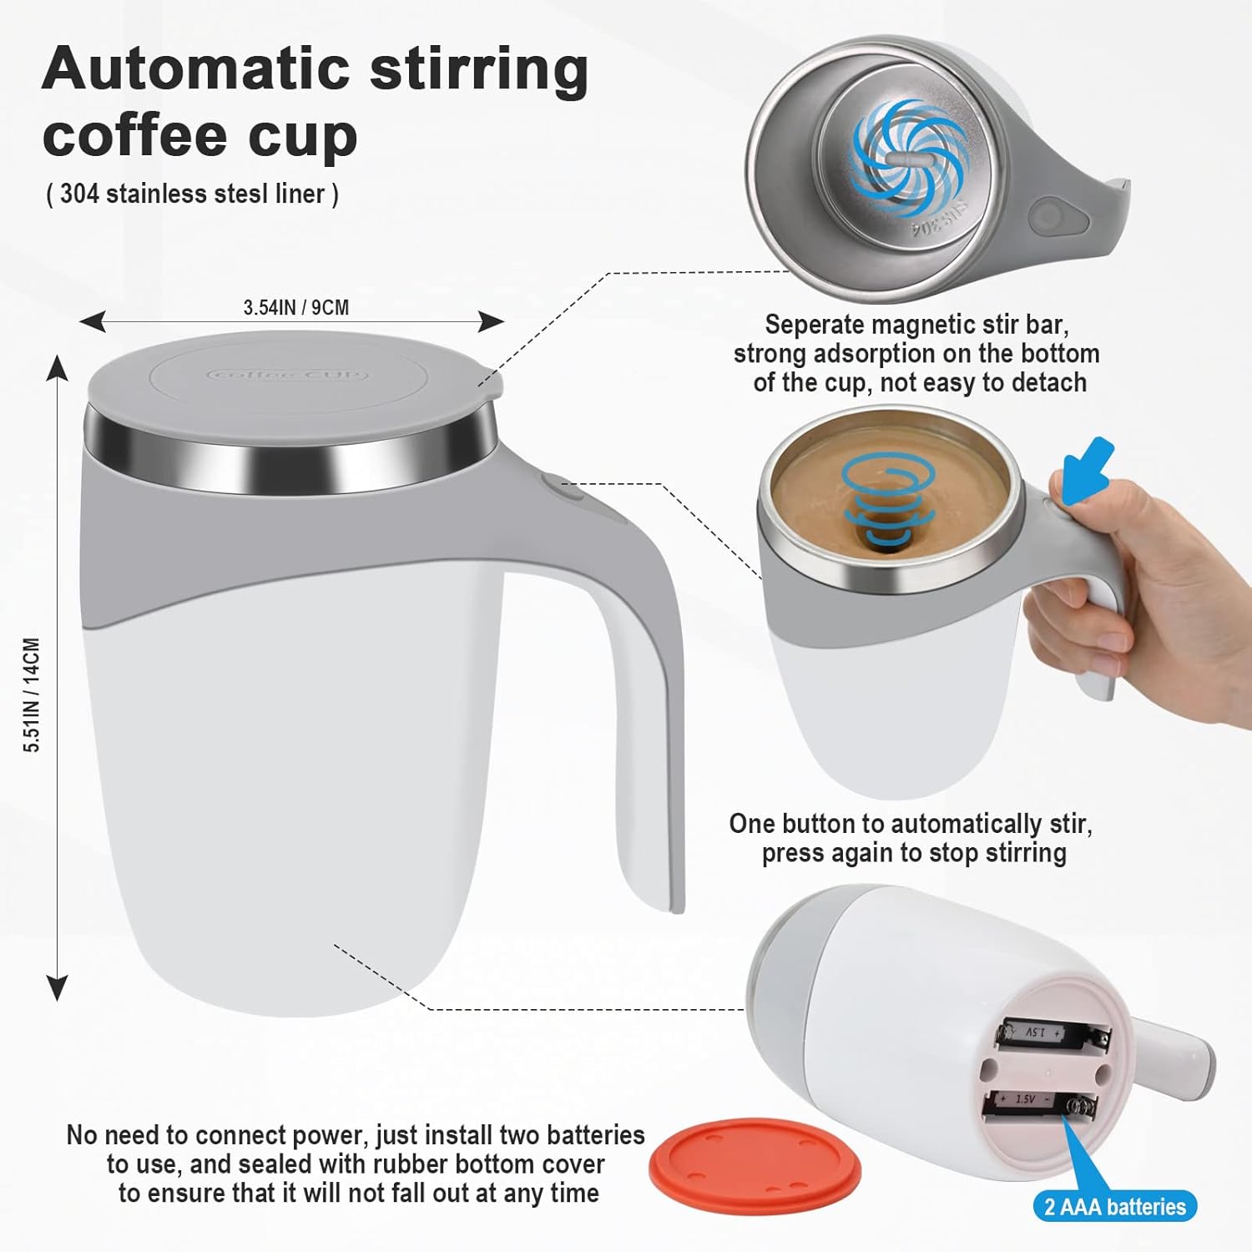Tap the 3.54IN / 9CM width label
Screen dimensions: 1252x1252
coord(295,307)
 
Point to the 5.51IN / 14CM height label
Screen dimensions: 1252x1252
coord(31,694)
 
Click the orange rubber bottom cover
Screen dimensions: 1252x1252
coord(755,1161)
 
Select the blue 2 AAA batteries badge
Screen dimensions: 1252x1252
coord(1114,1206)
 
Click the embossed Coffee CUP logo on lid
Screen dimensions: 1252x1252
coord(287,375)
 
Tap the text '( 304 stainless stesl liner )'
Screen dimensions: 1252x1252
coord(192,194)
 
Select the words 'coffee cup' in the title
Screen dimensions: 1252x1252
coord(199,135)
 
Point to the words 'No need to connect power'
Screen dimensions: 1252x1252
coord(217,1135)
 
